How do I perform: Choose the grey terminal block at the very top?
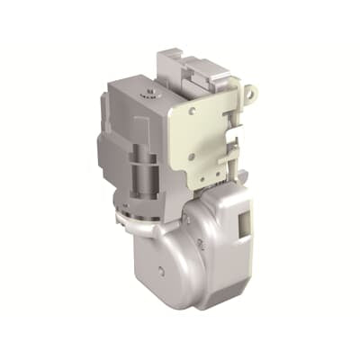184,65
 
